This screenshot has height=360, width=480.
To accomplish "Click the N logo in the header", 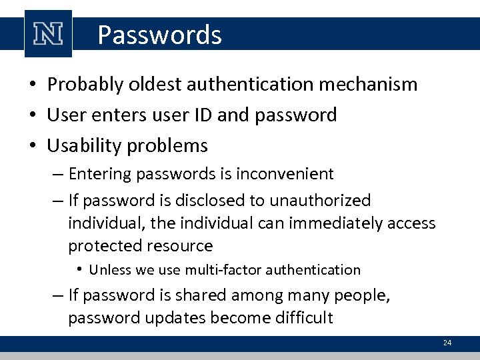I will (x=48, y=34).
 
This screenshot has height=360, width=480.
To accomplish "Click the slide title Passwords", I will (x=159, y=35).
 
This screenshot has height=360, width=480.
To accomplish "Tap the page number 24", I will (x=447, y=343).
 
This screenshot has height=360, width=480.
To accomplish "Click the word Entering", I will (x=98, y=174).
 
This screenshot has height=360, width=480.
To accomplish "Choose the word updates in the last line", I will (x=176, y=318).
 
